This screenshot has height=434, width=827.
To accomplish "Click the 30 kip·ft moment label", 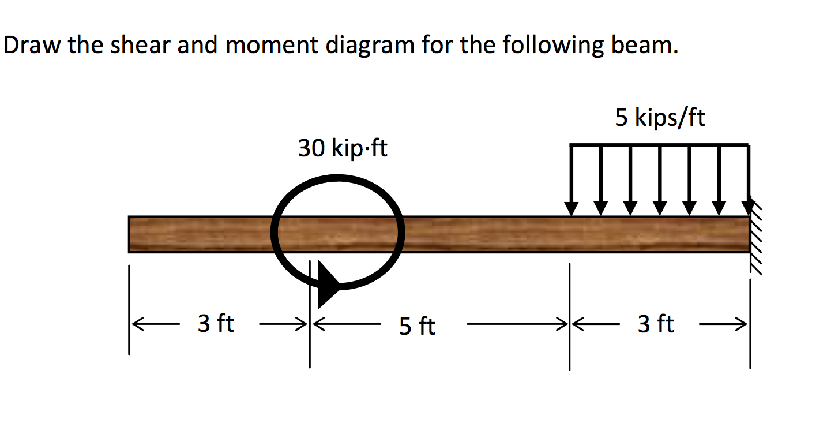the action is tap(343, 148).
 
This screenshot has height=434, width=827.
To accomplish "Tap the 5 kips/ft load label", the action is tap(660, 118).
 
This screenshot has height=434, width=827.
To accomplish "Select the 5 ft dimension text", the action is tap(417, 325).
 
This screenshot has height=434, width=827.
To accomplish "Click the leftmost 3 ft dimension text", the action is tap(216, 323).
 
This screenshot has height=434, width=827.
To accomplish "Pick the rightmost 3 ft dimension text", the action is tap(656, 324).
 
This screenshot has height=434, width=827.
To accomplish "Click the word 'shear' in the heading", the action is tap(141, 45).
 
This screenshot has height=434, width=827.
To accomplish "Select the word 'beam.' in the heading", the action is tap(645, 45).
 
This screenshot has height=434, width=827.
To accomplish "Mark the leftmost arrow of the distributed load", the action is tap(572, 180).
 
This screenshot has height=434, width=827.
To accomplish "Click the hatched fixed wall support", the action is tap(755, 237).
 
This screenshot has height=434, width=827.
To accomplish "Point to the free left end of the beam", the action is tap(129, 234).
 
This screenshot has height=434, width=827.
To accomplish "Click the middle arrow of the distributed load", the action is tap(660, 180).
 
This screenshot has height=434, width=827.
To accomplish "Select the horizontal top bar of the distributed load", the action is tap(660, 145).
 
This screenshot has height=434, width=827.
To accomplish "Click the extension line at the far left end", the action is tap(129, 309).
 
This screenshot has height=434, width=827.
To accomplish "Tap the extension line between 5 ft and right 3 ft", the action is tap(569, 317).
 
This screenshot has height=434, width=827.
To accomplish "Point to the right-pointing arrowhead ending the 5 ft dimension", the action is tap(562, 324).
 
